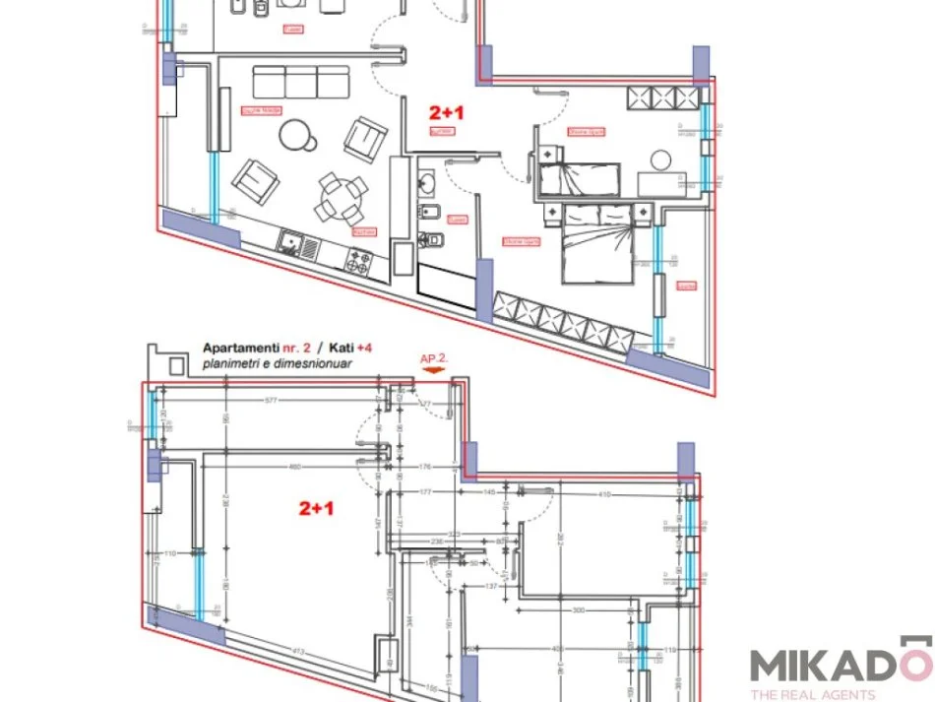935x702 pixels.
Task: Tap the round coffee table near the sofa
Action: [x=297, y=136]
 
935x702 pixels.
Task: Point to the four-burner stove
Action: [x=358, y=261]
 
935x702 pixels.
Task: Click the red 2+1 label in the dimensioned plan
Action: [x=318, y=508]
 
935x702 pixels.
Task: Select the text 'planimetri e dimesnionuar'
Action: [x=277, y=363]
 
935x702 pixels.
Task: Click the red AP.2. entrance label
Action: [x=434, y=358]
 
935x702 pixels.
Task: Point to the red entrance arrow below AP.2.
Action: [x=436, y=371]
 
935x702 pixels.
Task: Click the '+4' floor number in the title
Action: [x=364, y=348]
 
